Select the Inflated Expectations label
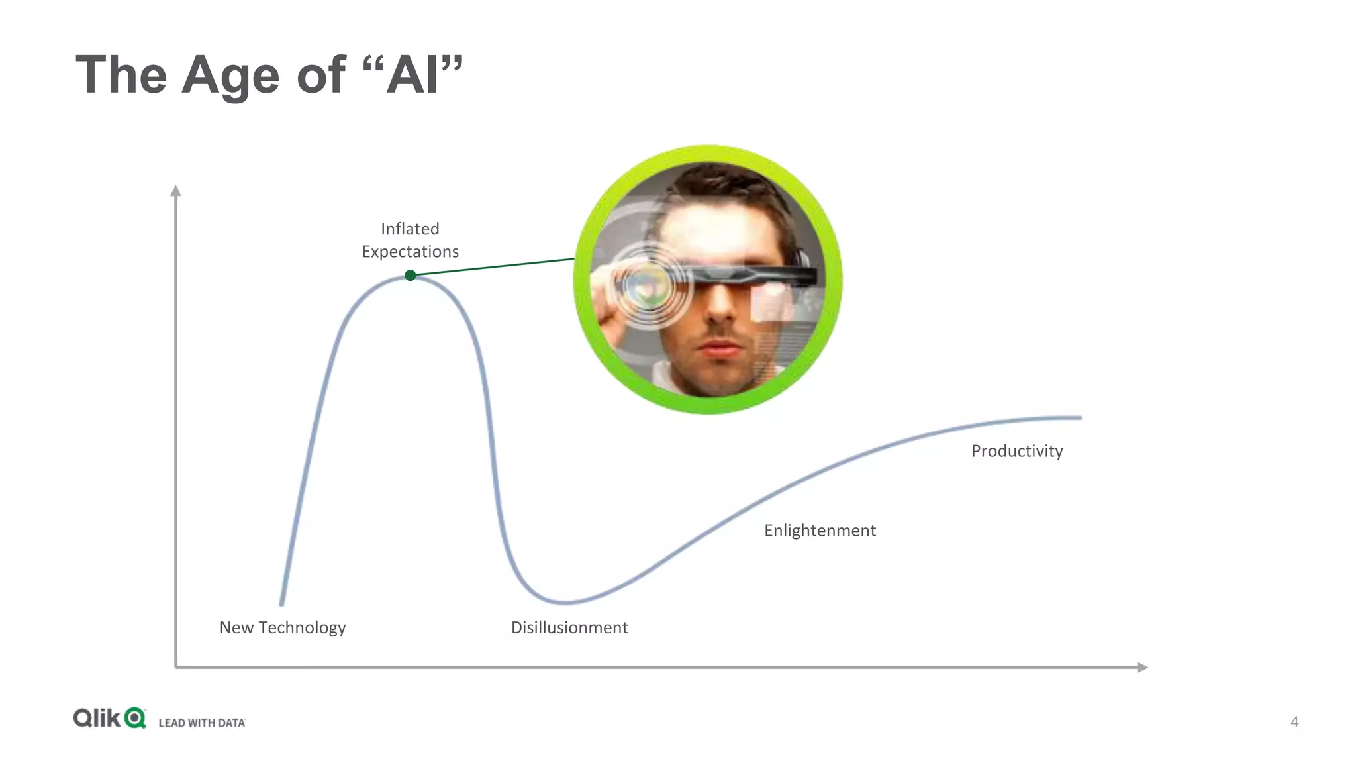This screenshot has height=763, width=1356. click(x=410, y=240)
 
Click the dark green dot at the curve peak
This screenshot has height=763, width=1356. click(x=411, y=275)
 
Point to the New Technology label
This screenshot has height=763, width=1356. click(x=283, y=627)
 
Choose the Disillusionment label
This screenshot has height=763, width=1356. click(x=569, y=627)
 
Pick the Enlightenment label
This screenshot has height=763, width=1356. click(x=820, y=531)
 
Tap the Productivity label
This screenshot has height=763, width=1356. click(x=1017, y=451)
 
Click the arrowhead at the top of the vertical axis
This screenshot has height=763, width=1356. click(x=175, y=191)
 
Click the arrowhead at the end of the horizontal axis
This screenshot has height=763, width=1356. click(x=1142, y=667)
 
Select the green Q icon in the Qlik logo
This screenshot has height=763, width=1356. click(x=135, y=718)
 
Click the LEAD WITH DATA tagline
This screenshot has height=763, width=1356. click(x=202, y=723)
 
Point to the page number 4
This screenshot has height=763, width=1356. click(x=1294, y=721)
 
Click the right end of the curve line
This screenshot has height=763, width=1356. click(x=1079, y=418)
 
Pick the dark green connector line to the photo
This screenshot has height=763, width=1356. click(x=493, y=266)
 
